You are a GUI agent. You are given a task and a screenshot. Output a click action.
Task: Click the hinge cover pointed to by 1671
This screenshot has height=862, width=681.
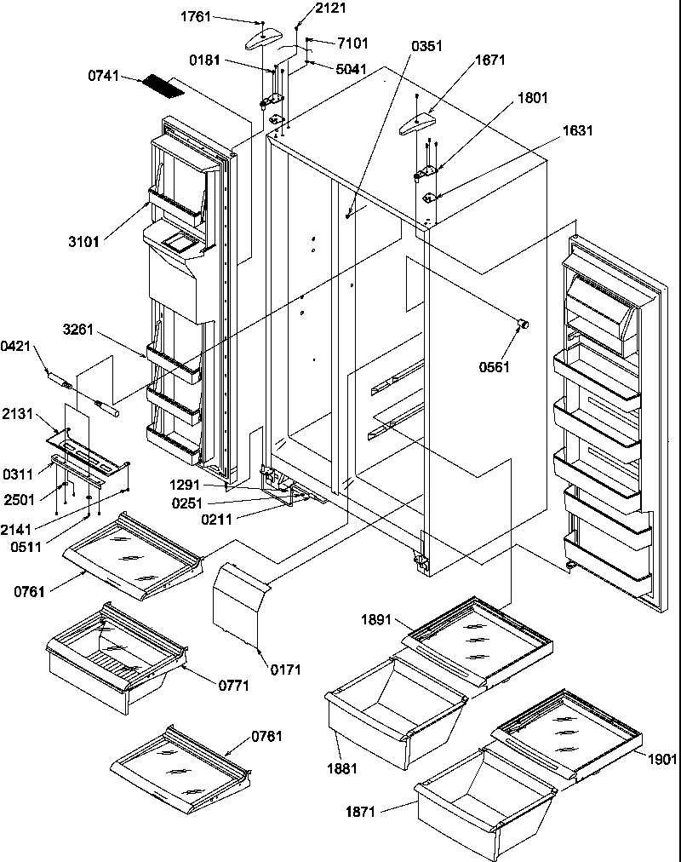pyautogui.click(x=415, y=124)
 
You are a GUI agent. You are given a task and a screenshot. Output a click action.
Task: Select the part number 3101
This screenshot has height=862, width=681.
pyautogui.click(x=83, y=242)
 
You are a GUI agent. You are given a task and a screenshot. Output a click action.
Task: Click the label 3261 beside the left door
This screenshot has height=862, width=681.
pyautogui.click(x=79, y=328)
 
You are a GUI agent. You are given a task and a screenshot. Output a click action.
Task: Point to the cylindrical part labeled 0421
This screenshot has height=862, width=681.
pyautogui.click(x=61, y=375)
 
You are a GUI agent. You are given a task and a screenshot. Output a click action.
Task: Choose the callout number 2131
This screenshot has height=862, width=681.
pyautogui.click(x=17, y=414)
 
